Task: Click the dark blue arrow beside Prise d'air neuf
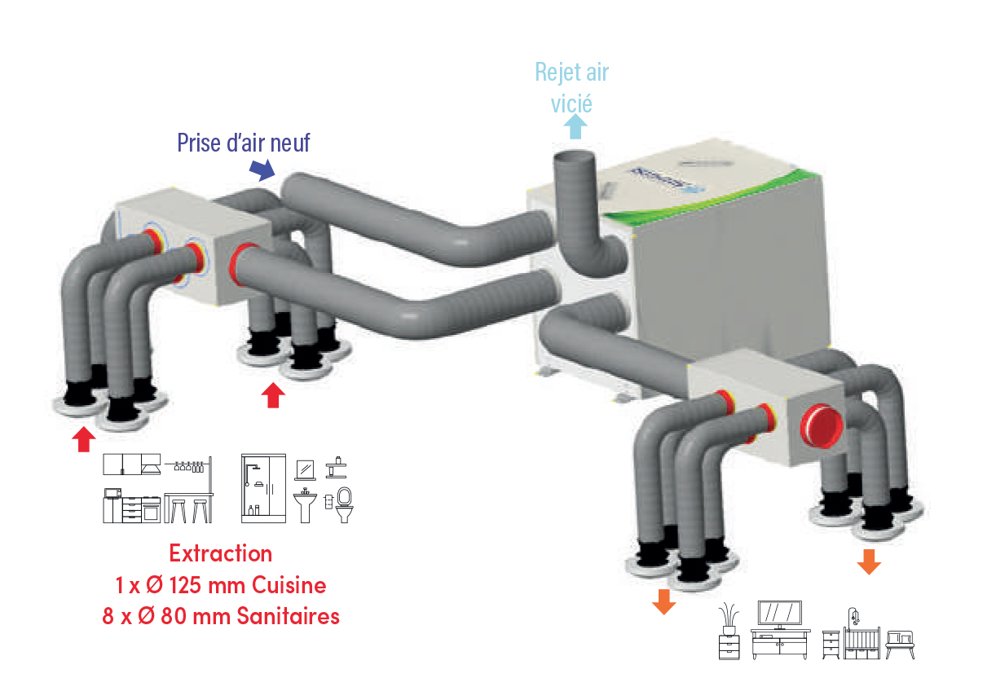coord(262,169)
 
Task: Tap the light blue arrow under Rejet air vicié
coord(575,126)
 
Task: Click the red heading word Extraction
coord(220,553)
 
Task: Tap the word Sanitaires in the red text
coord(288,616)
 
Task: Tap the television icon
coord(779,615)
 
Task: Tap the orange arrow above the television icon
coord(664,601)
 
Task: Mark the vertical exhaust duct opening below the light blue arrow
coord(575,156)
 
